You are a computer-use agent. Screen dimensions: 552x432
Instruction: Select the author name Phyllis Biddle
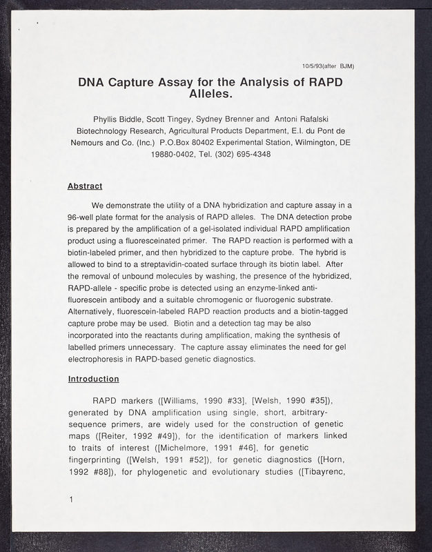pos(124,118)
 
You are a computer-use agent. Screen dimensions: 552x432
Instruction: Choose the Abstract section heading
pos(85,186)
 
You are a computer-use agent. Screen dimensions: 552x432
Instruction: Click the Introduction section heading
pos(93,379)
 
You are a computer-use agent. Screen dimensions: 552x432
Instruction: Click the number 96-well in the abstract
pos(84,216)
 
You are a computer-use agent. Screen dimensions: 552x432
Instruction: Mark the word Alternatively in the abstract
pos(93,311)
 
